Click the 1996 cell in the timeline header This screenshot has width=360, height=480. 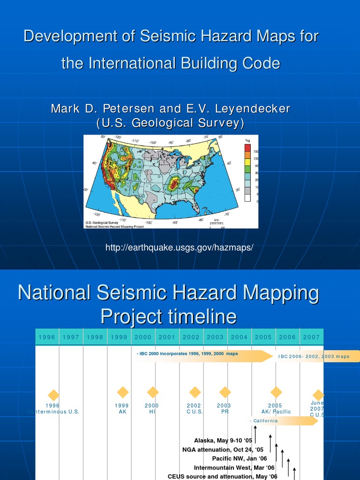(47, 337)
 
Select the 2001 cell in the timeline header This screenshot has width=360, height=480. (167, 337)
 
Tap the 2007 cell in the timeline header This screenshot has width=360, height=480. (311, 337)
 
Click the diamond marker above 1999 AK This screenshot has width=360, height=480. (123, 392)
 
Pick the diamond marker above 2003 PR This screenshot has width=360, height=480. (225, 392)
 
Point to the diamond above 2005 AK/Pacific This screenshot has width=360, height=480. (276, 392)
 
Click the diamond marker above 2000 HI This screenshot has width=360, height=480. (152, 392)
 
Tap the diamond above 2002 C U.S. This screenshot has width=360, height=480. (195, 392)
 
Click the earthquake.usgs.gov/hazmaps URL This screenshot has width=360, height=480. (179, 247)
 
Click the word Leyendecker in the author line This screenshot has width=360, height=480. (252, 109)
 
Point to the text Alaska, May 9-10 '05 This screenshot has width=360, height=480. (223, 441)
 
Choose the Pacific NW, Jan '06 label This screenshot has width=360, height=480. (240, 458)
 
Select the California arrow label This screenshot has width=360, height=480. (265, 421)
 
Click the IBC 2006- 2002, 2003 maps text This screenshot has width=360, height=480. (314, 357)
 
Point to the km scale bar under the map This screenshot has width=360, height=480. (217, 224)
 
